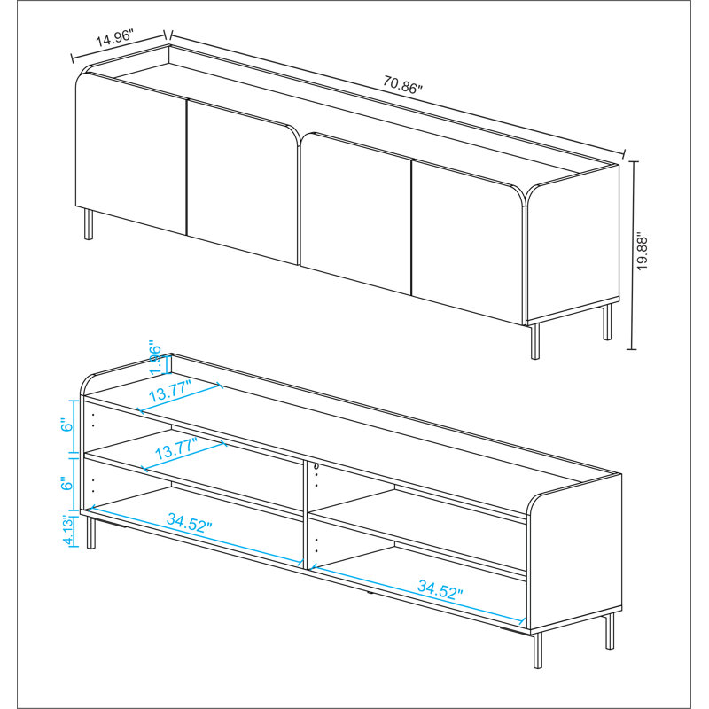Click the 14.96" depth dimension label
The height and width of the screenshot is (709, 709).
113,39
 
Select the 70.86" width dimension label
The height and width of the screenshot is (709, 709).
403,87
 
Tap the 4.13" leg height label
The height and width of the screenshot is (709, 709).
69,531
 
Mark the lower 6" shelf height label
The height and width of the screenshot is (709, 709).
69,484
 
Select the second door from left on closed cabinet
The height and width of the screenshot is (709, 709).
241,186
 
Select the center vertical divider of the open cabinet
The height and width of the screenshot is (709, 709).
308,514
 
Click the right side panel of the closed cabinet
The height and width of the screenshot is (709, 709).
573,244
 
